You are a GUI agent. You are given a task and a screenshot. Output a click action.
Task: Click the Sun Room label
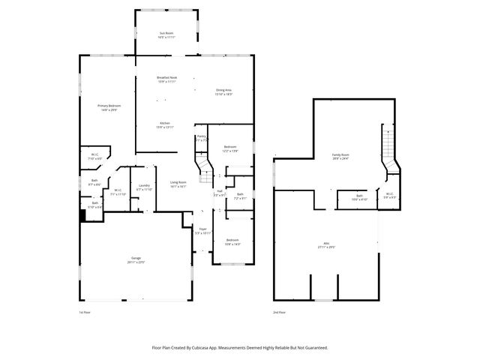click(166, 34)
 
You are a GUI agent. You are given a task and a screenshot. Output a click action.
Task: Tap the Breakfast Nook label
click(166, 77)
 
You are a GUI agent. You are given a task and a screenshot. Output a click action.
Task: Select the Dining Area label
click(223, 90)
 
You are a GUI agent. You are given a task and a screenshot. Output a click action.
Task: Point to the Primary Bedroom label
click(109, 106)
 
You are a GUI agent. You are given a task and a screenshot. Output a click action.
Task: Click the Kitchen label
click(164, 123)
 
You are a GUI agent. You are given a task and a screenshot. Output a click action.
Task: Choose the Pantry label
click(201, 136)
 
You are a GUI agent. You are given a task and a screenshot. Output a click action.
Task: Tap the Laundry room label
click(143, 186)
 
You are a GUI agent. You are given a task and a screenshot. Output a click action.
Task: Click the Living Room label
click(178, 182)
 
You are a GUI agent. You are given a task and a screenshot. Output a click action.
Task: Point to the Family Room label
click(341, 155)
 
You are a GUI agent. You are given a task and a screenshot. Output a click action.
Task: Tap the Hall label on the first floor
click(220, 190)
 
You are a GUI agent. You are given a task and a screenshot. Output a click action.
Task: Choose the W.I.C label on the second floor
click(389, 194)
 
